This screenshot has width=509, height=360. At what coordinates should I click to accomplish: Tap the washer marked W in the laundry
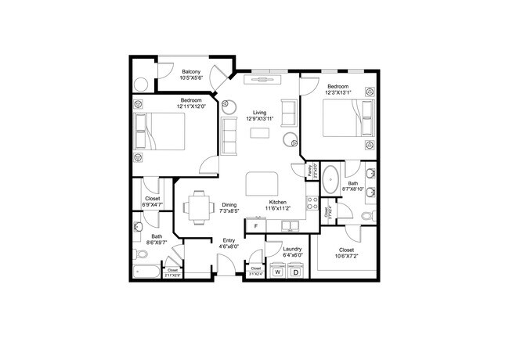277,272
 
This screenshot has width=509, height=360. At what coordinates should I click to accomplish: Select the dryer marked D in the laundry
295,272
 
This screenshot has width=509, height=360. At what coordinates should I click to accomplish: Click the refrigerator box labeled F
255,226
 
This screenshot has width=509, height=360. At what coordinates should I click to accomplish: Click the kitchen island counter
261,185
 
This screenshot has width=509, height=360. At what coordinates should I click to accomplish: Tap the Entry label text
229,240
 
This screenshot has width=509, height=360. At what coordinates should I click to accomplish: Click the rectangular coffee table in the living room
260,132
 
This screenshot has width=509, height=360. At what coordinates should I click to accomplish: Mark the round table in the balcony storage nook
143,85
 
